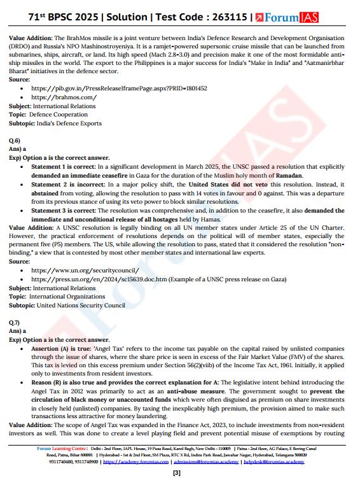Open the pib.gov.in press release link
(x=119, y=88)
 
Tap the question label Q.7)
(x=15, y=323)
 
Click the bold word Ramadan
(x=288, y=175)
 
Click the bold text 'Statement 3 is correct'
(x=65, y=210)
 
